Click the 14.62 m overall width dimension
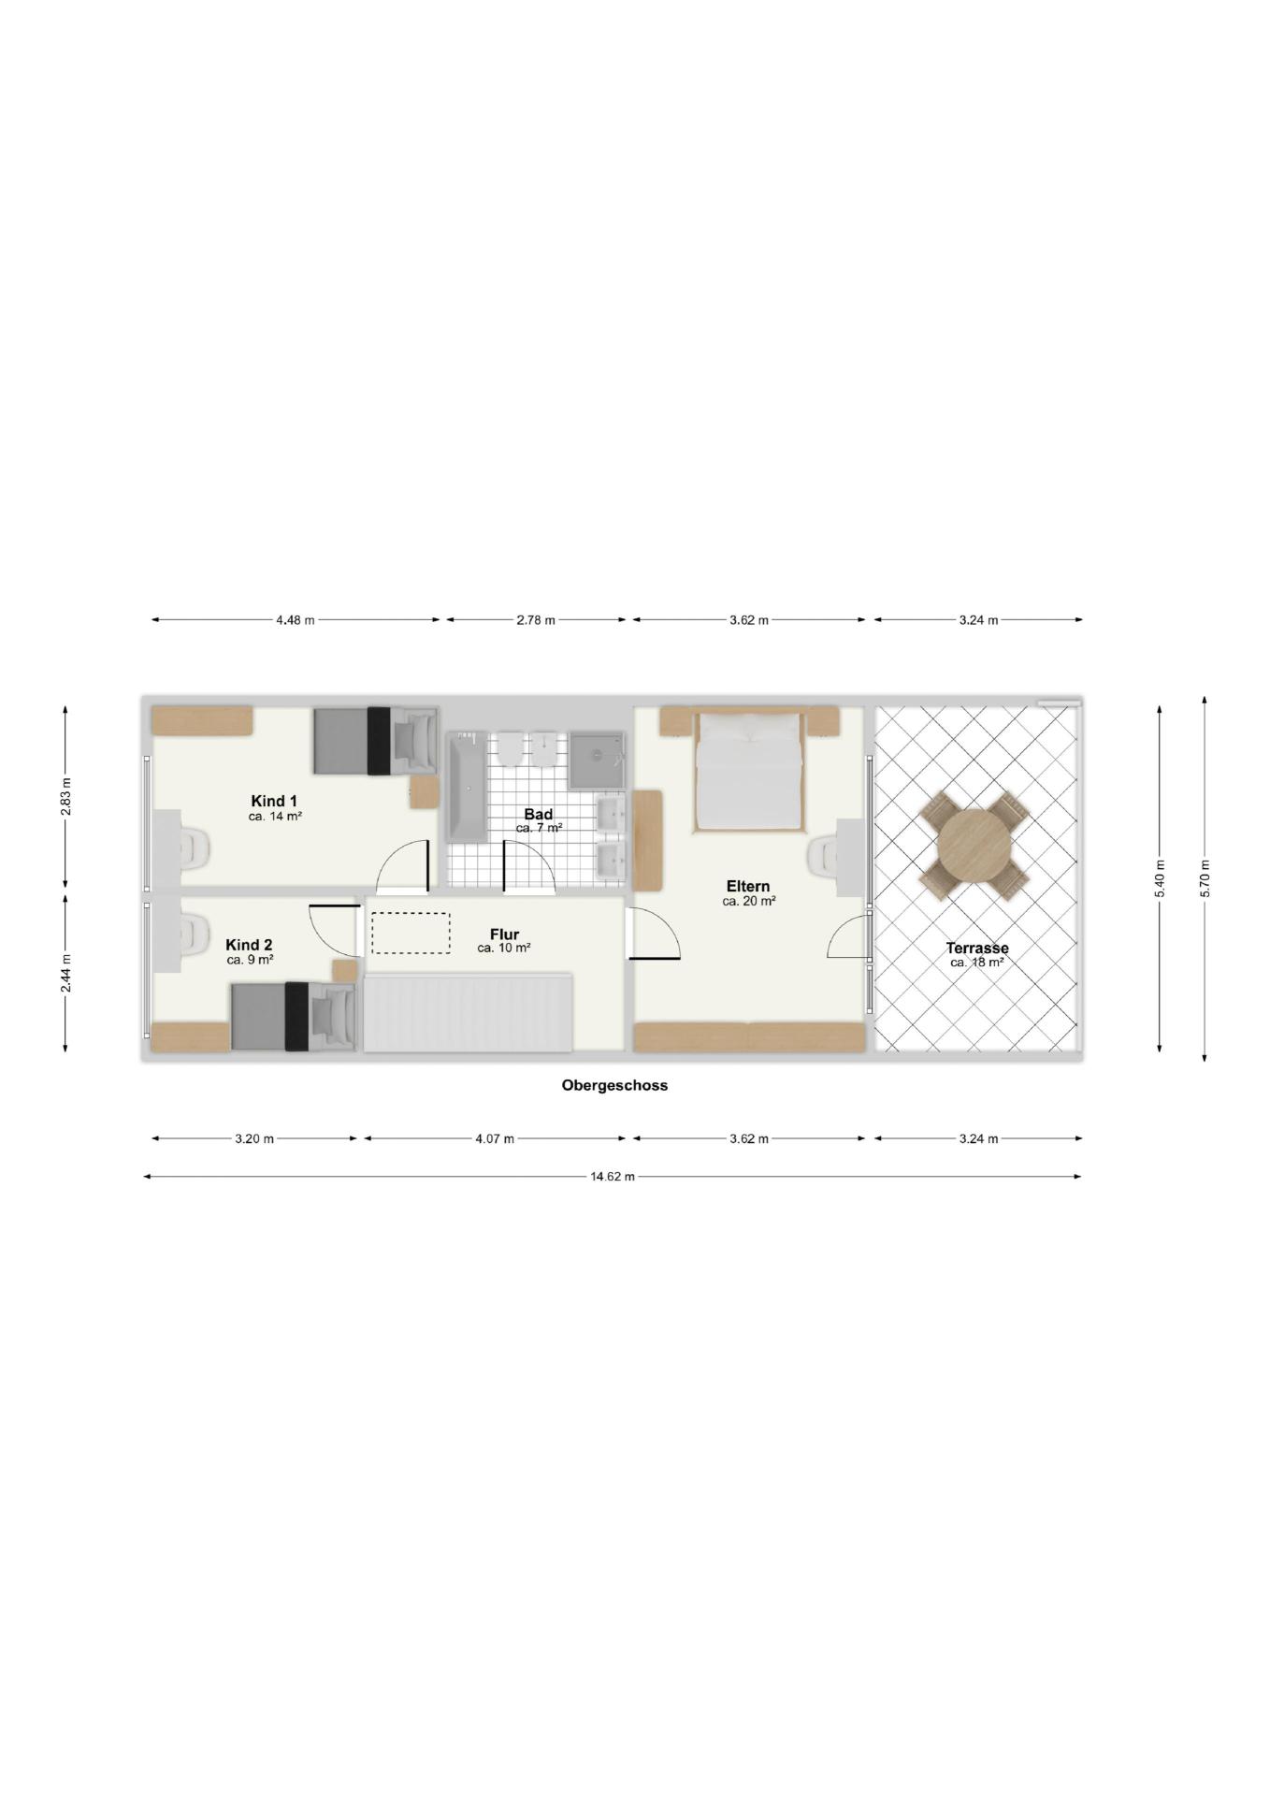tap(613, 1176)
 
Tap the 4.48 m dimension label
tap(296, 619)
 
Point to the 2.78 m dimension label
tap(536, 619)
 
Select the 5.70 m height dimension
tap(1205, 878)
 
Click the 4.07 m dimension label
tap(495, 1138)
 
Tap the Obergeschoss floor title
tap(614, 1085)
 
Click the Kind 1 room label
tap(274, 801)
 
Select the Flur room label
tap(504, 934)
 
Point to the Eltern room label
tap(748, 887)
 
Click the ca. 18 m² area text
tap(977, 962)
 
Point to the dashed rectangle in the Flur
tap(411, 933)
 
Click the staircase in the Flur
tap(468, 1012)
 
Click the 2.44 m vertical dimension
tap(65, 972)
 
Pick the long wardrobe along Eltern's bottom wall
tap(749, 1037)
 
